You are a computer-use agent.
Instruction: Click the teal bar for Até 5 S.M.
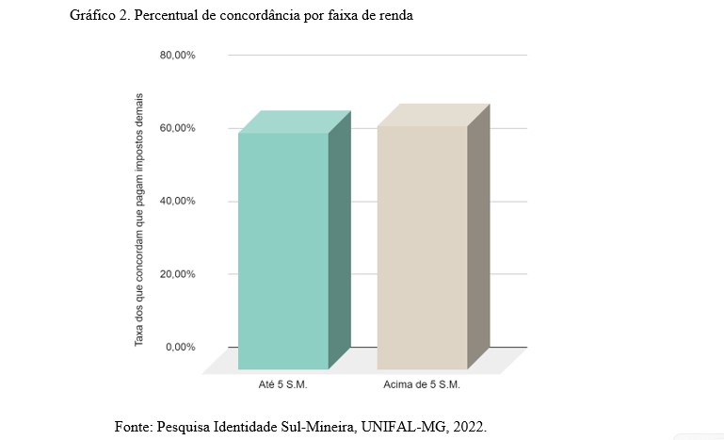282,250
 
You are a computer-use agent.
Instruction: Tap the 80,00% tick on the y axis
177,56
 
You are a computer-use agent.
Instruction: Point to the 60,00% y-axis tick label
177,128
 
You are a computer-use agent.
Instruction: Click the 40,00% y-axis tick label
177,202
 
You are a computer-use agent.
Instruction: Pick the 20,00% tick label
177,274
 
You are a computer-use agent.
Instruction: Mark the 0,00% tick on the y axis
180,347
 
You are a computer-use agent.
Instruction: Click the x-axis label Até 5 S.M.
282,385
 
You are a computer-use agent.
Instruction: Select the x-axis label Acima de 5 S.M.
422,385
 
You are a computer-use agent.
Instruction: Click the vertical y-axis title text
139,220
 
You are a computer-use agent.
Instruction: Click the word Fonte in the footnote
133,426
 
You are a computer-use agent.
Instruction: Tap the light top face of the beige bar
433,115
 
